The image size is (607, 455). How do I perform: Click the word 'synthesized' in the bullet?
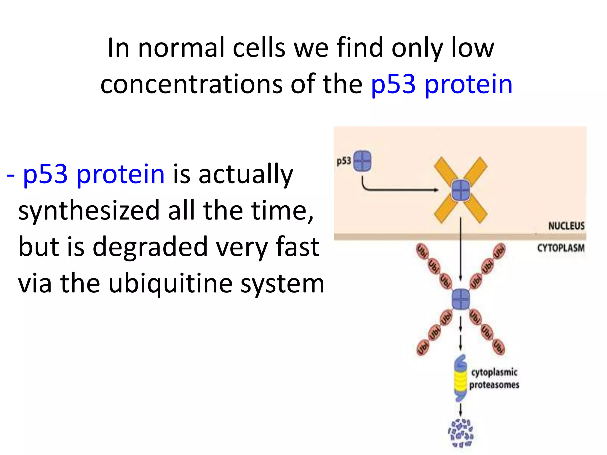click(89, 210)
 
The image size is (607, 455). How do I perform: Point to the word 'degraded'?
click(150, 247)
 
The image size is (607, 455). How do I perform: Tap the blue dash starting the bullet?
click(11, 175)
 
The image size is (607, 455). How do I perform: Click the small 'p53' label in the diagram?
click(344, 161)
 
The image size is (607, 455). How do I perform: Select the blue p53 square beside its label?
click(362, 161)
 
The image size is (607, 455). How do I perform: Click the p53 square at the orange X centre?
click(461, 190)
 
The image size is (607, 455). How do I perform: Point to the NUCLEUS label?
click(566, 226)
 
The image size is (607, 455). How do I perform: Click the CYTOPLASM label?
click(561, 248)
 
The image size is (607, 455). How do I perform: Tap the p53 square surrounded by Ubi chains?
click(461, 299)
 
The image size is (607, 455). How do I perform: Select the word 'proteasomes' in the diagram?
click(494, 385)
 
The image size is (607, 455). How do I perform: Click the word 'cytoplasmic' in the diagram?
click(494, 372)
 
